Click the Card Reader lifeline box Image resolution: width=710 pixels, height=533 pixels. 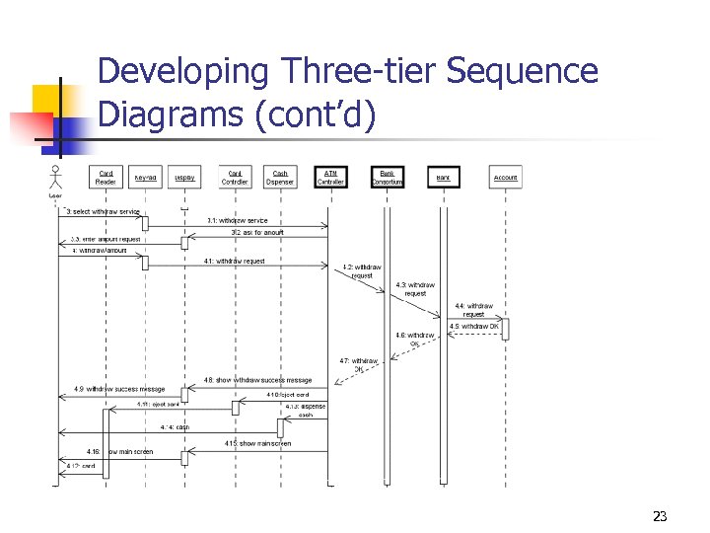(x=106, y=178)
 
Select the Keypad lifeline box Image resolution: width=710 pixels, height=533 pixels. (x=145, y=178)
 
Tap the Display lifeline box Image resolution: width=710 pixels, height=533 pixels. (x=184, y=178)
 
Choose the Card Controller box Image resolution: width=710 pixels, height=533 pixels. (x=235, y=178)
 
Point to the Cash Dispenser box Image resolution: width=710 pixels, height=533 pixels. (x=281, y=178)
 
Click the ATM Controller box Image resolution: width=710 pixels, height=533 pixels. (x=330, y=178)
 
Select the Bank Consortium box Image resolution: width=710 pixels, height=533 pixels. (x=387, y=178)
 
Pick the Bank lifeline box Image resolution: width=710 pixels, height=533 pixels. (x=444, y=178)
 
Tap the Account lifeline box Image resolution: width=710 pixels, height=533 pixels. (x=505, y=178)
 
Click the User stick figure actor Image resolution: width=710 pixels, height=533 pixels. (x=55, y=181)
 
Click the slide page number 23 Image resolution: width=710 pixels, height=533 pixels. (x=660, y=515)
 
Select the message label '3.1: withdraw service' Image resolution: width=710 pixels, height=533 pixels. (x=237, y=220)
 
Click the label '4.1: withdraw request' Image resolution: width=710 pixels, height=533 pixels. (x=234, y=261)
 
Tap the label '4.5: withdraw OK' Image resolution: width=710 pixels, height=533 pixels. (x=474, y=326)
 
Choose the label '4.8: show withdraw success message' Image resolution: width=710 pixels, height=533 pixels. (x=257, y=380)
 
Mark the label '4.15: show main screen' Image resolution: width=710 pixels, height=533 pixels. (x=258, y=443)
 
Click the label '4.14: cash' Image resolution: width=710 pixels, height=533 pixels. (x=175, y=427)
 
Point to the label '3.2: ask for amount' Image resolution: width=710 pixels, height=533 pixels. (x=257, y=233)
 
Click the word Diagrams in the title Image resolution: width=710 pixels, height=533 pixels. (x=171, y=114)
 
